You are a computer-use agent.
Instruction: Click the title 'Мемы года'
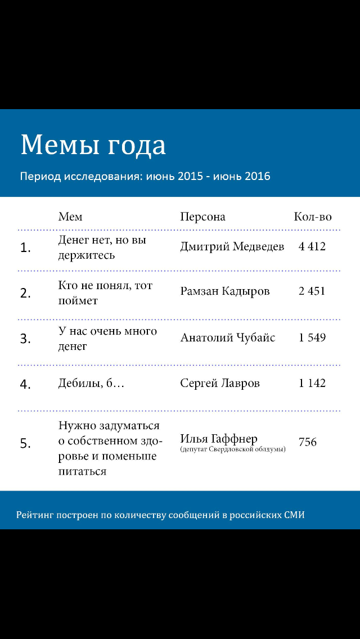click(x=93, y=145)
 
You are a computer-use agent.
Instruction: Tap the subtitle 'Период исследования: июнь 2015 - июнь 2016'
click(x=145, y=176)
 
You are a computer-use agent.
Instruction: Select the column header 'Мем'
click(x=70, y=217)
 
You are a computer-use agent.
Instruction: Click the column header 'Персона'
click(x=202, y=217)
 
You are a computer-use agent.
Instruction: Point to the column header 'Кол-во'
click(x=313, y=217)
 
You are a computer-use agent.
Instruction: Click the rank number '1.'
click(x=26, y=247)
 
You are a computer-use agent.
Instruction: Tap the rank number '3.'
click(x=26, y=339)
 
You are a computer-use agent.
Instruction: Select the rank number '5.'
click(x=26, y=444)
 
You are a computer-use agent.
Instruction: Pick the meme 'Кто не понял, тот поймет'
click(x=105, y=293)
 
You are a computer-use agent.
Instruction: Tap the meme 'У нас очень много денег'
click(x=107, y=339)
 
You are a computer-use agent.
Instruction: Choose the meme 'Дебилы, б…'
click(x=91, y=384)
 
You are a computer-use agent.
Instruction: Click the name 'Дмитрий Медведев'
click(x=232, y=246)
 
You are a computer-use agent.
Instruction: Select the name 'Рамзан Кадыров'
click(x=225, y=291)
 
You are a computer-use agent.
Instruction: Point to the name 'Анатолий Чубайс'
click(x=228, y=337)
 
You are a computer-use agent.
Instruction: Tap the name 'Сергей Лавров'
click(x=220, y=383)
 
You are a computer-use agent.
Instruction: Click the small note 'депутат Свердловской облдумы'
click(x=233, y=450)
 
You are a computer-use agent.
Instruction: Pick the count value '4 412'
click(x=312, y=246)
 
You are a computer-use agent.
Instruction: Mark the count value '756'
click(x=308, y=442)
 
